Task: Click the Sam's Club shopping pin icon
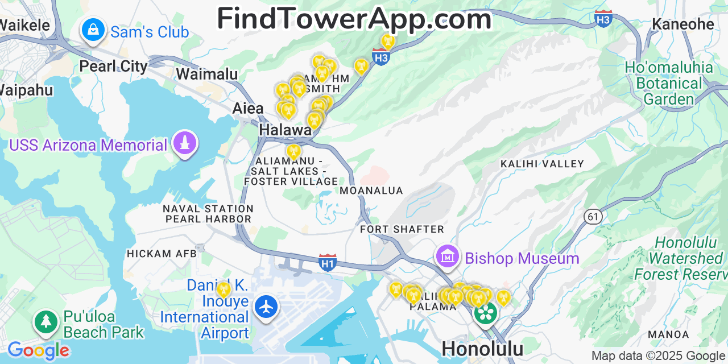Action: tap(92, 30)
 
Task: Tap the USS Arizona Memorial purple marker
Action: tap(185, 143)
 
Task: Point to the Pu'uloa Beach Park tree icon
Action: tap(46, 322)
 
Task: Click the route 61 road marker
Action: tap(593, 216)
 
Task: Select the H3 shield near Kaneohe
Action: tap(603, 18)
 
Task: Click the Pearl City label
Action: tap(113, 66)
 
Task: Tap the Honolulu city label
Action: tap(482, 348)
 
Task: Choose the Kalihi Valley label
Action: tap(542, 164)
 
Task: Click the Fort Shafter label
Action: tap(402, 229)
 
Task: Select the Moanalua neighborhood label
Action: tap(371, 191)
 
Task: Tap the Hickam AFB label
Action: tap(162, 253)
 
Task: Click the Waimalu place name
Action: tap(206, 74)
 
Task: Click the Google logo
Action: tap(38, 350)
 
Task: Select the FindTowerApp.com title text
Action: tap(354, 19)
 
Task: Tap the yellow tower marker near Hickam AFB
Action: tap(224, 289)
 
